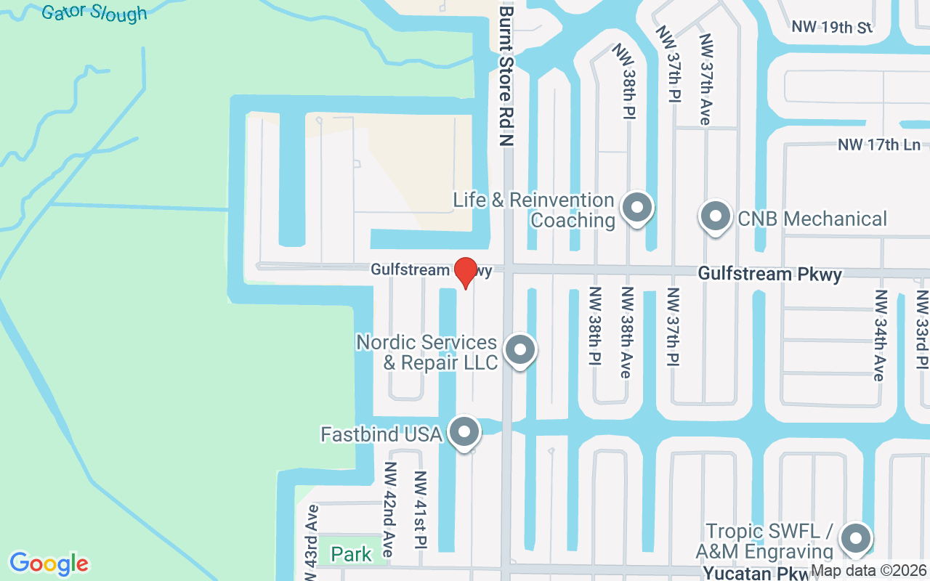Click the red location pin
(465, 273)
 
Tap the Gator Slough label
(94, 12)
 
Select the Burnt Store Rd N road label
(506, 76)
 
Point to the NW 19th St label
(832, 28)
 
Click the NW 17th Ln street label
(879, 145)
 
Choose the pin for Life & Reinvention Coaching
(637, 208)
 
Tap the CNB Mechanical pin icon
(715, 216)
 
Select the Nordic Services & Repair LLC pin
(519, 350)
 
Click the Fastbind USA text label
(381, 434)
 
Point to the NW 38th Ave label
(626, 332)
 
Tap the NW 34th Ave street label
(880, 335)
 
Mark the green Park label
(352, 555)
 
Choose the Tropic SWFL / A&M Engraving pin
(855, 539)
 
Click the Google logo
(49, 564)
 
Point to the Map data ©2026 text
(869, 571)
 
